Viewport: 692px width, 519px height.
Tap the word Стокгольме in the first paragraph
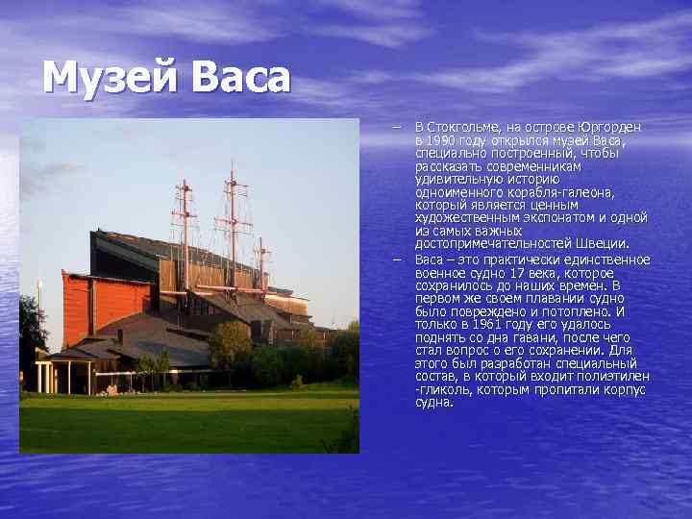[464, 127]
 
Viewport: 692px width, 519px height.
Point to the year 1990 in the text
[438, 140]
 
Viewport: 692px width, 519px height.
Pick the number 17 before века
[519, 273]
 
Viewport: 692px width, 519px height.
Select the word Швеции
[600, 244]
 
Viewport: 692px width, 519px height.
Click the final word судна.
[433, 403]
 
